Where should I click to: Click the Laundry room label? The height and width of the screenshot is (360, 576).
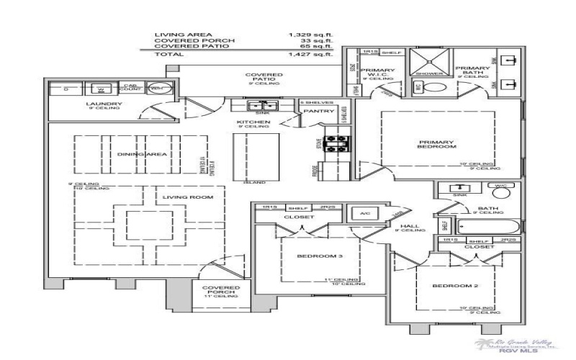pos(105,104)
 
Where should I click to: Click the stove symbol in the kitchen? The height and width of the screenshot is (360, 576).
pos(336,143)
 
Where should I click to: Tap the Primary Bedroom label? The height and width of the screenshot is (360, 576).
pos(437,143)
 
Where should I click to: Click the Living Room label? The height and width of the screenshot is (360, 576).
pos(181,197)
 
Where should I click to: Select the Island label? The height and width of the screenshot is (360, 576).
pos(250,182)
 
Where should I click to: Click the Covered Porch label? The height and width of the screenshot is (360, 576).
pos(220,291)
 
